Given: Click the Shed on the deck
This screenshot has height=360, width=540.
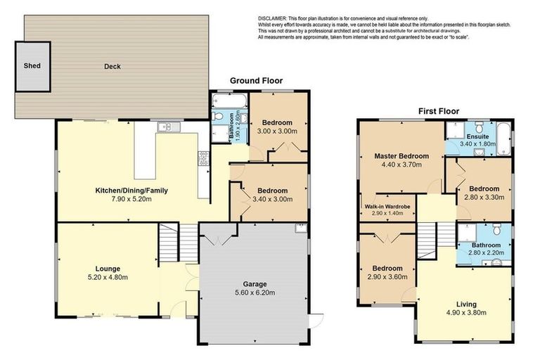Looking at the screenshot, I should tap(33, 65).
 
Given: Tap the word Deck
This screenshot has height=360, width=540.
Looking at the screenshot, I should tap(112, 67).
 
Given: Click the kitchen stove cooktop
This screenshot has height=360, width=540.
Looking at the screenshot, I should tap(203, 159).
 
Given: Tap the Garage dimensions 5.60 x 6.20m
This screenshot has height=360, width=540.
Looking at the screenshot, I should tap(255, 293).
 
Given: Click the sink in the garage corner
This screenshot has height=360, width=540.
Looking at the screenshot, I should tap(301, 229).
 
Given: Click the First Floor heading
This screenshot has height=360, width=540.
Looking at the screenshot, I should tap(438, 111).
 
